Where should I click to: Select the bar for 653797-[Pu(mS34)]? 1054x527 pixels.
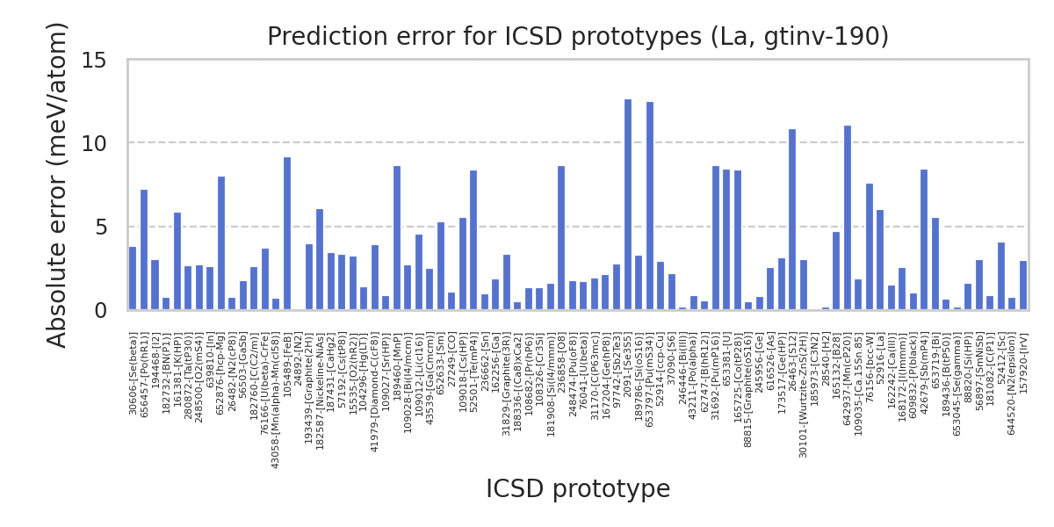pos(650,206)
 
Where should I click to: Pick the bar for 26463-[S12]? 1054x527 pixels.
pos(792,220)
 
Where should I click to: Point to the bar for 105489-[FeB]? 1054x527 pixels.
pos(287,234)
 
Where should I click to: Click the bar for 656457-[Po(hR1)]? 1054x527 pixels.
pos(144,250)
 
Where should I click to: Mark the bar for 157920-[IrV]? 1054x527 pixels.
pos(1023,285)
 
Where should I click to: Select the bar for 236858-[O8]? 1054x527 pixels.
pos(561,238)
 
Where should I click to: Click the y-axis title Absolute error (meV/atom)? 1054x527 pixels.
pos(58,184)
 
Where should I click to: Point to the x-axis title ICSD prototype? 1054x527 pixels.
pos(578,489)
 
